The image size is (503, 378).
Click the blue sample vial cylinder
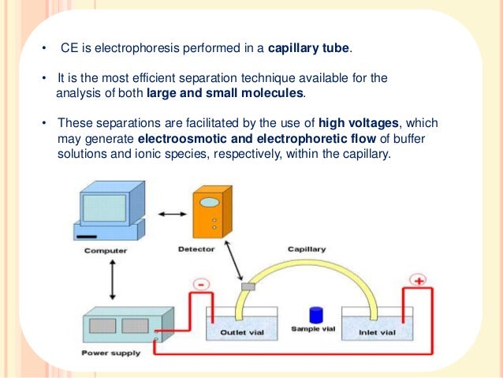point(317,313)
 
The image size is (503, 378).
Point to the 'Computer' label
point(106,251)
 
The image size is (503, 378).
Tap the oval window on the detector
point(209,201)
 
